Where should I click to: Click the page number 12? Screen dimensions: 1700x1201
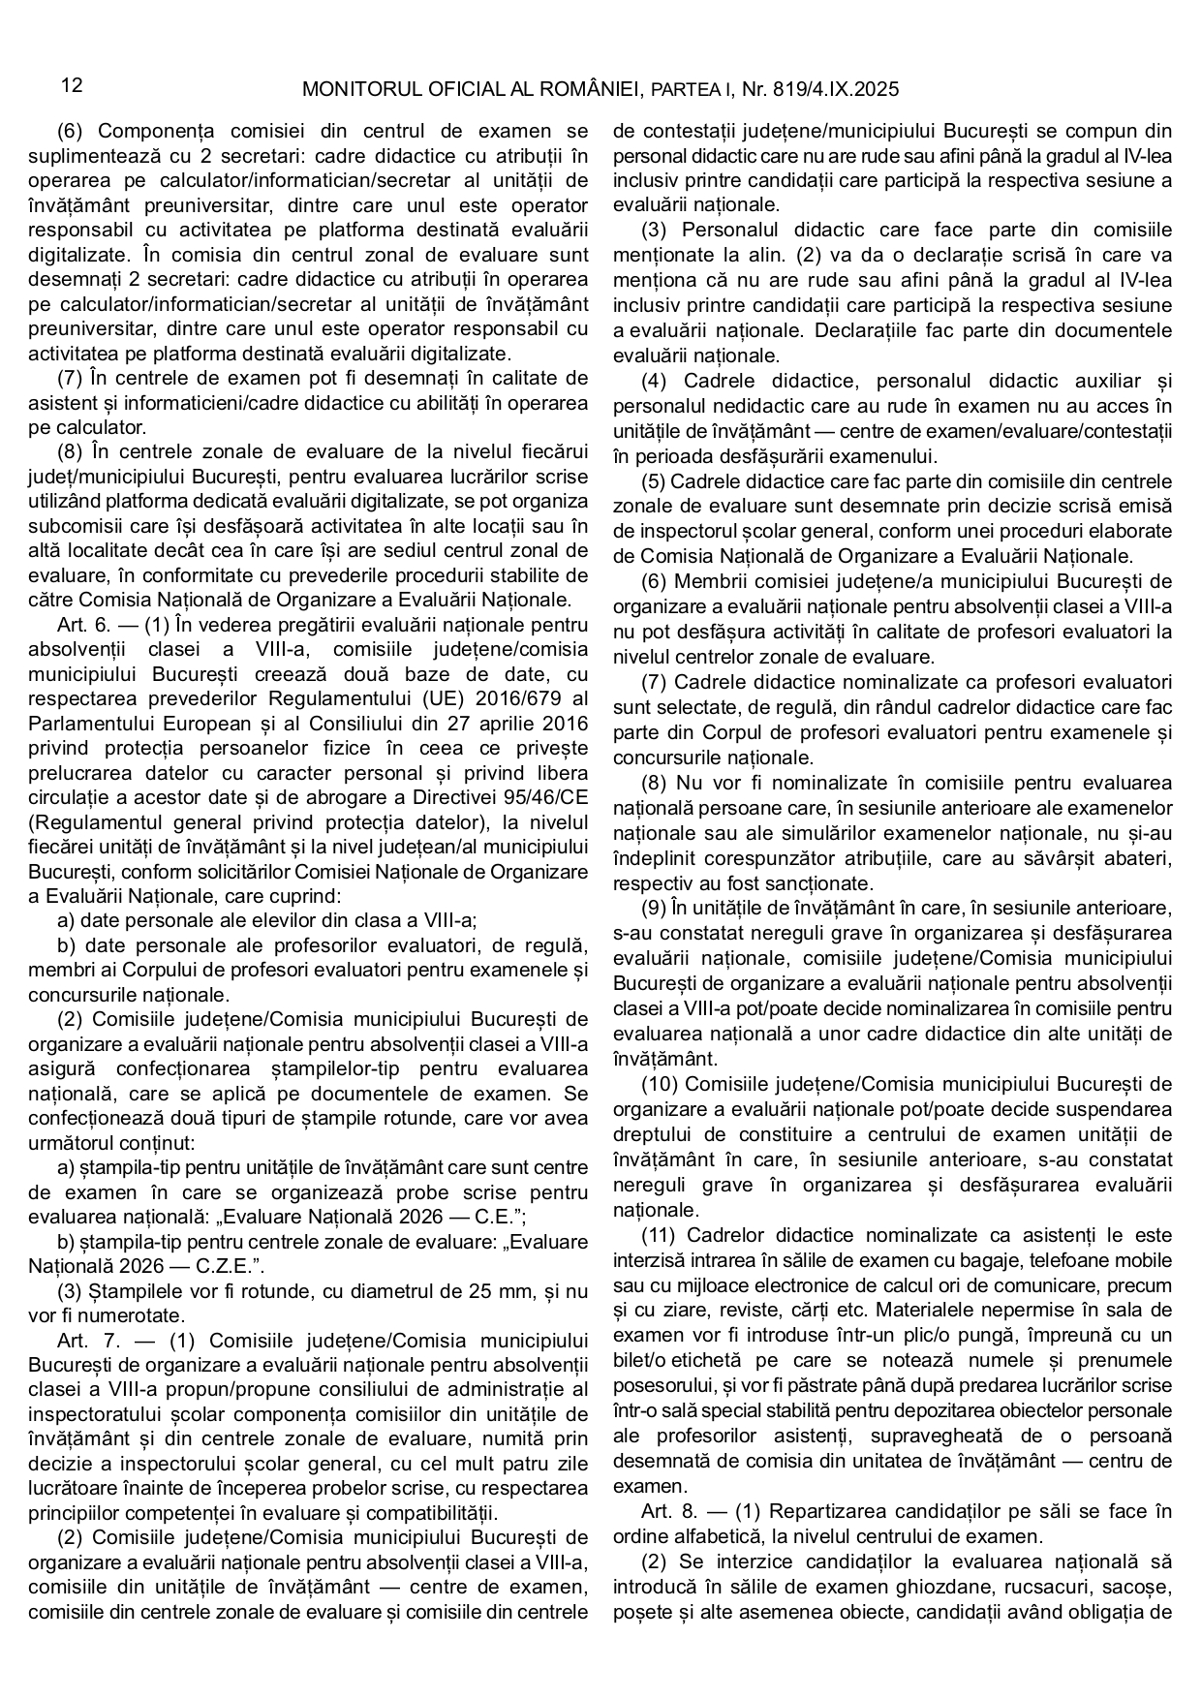point(71,86)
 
